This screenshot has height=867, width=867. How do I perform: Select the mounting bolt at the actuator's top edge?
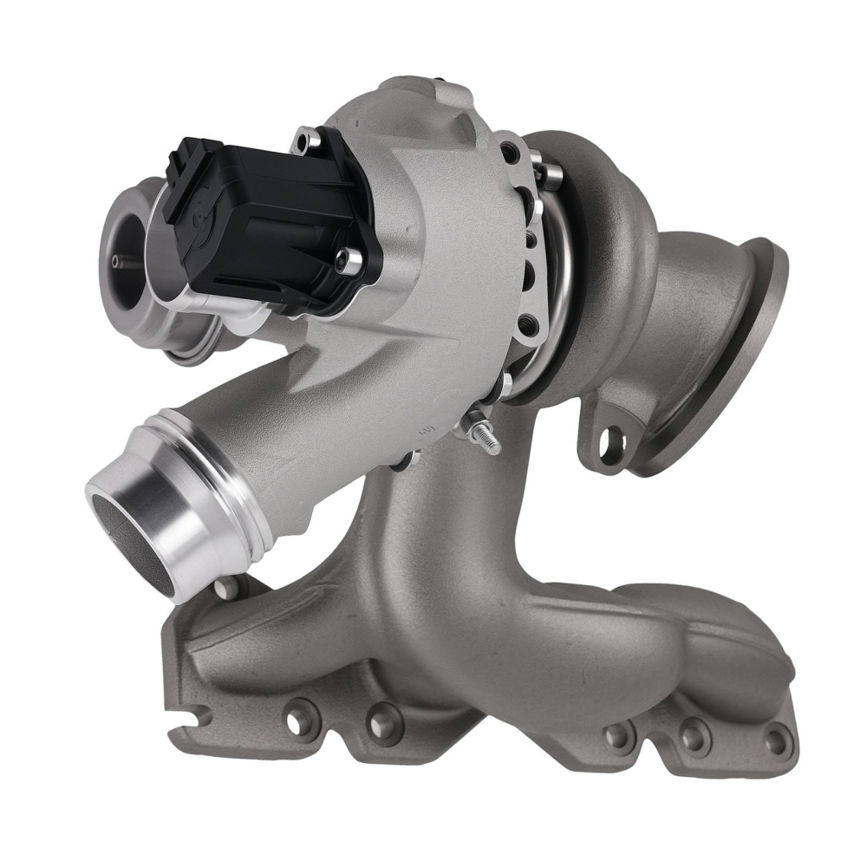(x=306, y=140)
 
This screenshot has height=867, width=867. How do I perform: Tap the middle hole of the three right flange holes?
(x=694, y=738)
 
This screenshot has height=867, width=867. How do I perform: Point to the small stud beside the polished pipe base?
(x=227, y=589)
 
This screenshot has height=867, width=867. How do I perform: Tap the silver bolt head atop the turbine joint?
(x=549, y=177)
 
